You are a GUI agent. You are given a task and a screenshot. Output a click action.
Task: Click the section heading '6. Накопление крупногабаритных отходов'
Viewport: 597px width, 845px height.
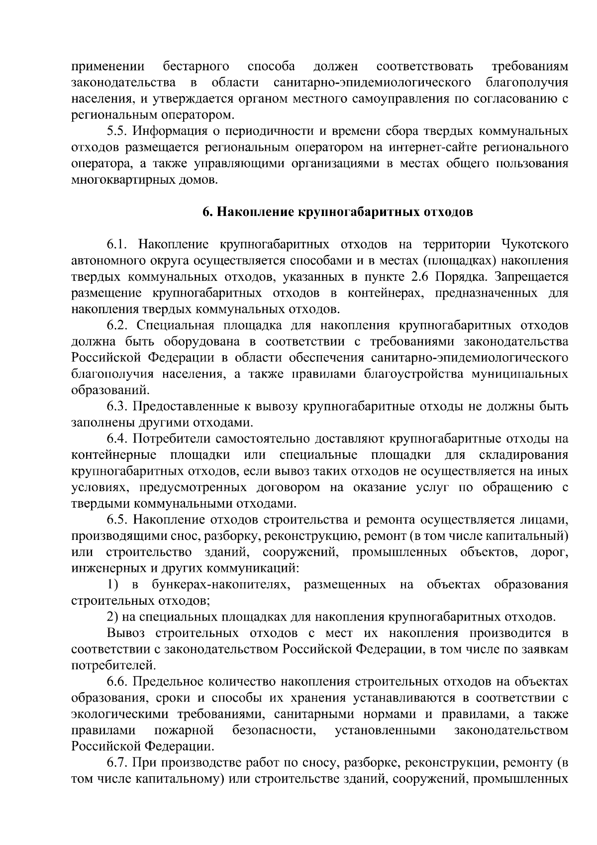[337, 212]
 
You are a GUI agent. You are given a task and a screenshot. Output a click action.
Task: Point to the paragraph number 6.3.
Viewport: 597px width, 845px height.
[118, 407]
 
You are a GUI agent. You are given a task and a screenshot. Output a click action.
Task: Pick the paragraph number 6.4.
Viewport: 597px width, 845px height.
[118, 439]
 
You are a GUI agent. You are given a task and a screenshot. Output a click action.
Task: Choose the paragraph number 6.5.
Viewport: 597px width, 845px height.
[118, 520]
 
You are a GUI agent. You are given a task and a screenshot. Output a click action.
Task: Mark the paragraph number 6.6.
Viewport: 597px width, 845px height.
[118, 682]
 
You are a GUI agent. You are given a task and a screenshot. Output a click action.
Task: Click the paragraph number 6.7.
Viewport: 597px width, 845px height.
[118, 763]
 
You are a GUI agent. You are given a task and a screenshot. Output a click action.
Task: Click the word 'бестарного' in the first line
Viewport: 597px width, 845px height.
[196, 66]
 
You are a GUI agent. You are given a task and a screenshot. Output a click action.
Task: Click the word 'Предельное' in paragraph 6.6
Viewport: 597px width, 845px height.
[169, 682]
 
